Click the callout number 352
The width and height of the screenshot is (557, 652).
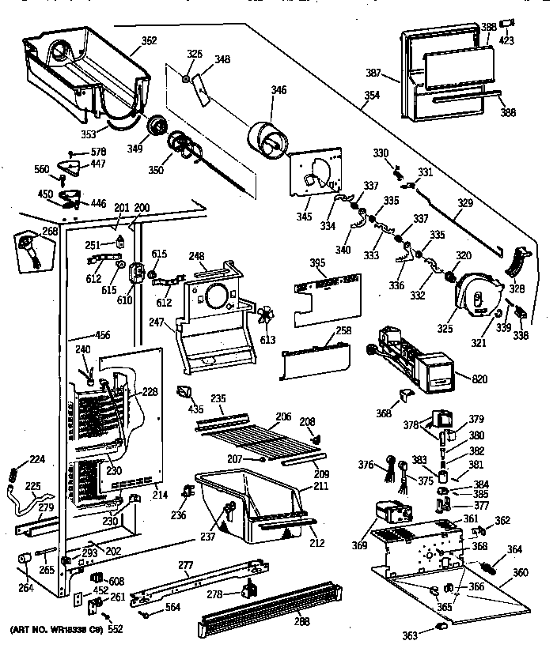tap(148, 41)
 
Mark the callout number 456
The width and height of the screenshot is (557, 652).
tap(102, 336)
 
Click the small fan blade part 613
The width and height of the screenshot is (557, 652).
tap(266, 316)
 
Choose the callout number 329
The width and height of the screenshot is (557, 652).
tap(465, 203)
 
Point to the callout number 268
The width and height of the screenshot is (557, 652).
tap(50, 232)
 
